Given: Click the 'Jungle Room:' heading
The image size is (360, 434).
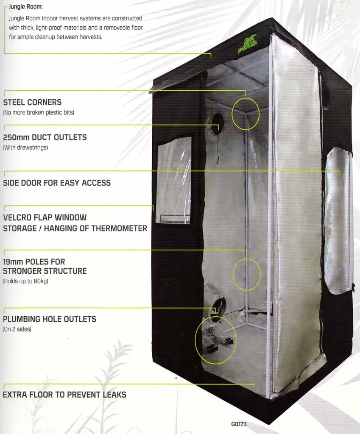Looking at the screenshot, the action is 26,7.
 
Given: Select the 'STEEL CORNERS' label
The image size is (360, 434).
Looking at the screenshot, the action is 32,103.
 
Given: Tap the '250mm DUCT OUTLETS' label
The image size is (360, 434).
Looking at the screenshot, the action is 45,137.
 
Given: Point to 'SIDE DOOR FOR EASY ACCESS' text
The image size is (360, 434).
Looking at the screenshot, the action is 57,183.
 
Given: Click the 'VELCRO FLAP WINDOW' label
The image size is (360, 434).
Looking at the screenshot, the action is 45,217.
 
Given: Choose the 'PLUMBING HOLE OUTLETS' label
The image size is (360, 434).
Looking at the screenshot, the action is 50,319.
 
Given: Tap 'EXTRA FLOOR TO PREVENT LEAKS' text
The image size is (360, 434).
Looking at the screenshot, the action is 64,395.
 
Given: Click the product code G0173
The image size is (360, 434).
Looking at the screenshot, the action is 239,424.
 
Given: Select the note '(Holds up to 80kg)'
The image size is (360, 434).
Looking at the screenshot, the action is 25,281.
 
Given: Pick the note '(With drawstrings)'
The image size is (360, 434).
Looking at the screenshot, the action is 25,147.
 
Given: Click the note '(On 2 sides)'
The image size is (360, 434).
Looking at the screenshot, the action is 17,329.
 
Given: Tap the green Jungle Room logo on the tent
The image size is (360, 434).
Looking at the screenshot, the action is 248,44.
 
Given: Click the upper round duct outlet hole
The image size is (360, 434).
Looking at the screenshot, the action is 218,121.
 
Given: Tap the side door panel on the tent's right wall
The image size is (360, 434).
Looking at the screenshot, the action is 338,220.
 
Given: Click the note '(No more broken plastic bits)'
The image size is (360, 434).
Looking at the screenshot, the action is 39,113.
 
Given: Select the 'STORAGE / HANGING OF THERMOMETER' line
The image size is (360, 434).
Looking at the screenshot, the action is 75,228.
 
